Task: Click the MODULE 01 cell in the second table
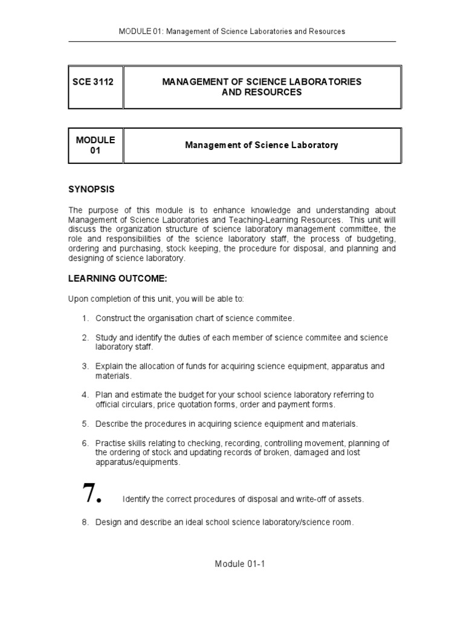[95, 145]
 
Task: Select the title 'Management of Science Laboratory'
[261, 145]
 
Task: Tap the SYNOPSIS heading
[91, 189]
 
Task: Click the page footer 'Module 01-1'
[240, 564]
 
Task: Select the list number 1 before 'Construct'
[86, 319]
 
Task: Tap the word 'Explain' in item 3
[109, 366]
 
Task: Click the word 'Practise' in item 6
[111, 443]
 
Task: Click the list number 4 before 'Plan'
[86, 395]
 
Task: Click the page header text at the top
[232, 31]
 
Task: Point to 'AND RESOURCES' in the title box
[261, 92]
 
